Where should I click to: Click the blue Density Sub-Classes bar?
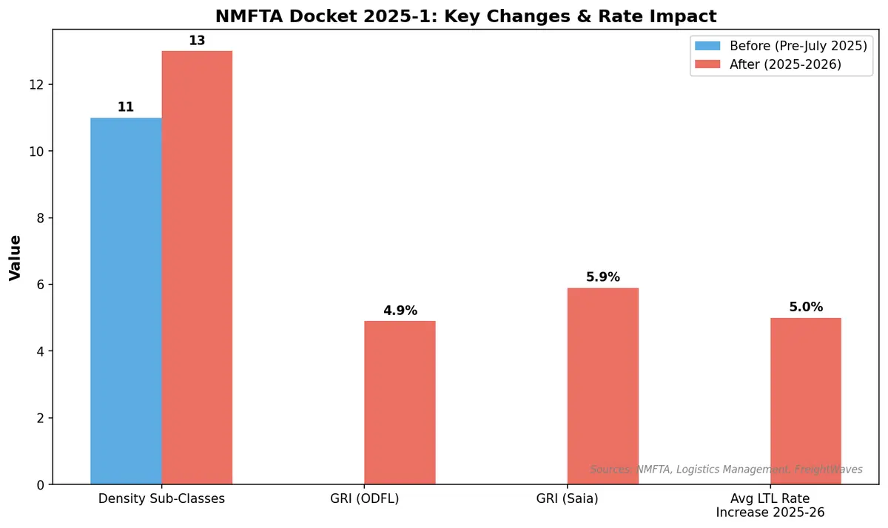(126, 301)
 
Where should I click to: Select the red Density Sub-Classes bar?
(197, 268)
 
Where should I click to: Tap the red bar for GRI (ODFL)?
(400, 402)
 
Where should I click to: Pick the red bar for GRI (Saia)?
(602, 386)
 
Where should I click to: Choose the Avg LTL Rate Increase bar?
(805, 401)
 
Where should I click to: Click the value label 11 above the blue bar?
(126, 107)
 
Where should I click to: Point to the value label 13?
(197, 41)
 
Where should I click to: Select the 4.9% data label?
(400, 311)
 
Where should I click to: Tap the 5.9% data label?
(602, 277)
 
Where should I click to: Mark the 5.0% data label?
(805, 308)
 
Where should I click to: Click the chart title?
(465, 16)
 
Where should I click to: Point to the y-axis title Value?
(15, 257)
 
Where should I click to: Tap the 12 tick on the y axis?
(38, 84)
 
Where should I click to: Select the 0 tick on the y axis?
(41, 485)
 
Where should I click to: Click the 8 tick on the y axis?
(41, 218)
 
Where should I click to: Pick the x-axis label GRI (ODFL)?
(365, 499)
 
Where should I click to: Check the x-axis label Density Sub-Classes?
(161, 499)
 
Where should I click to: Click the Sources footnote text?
(726, 470)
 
